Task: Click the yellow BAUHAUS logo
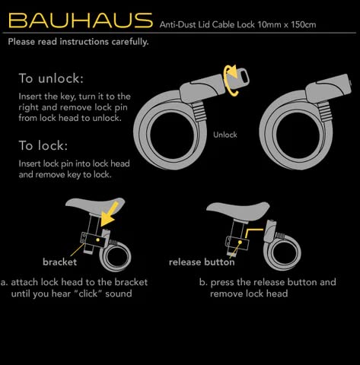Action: coord(81,20)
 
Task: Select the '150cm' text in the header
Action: coord(304,25)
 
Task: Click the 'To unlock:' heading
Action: coord(51,78)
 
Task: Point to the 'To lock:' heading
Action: coord(43,145)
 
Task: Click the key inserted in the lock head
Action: coord(237,76)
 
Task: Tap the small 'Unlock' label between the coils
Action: coord(225,135)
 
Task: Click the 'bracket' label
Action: coord(59,262)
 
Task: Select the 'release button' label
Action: coord(202,262)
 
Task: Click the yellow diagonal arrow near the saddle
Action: coord(109,214)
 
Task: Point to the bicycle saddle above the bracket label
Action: coord(95,205)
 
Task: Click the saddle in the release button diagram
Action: coord(237,210)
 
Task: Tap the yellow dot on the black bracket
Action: coord(97,240)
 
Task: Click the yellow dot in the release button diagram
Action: coord(240,243)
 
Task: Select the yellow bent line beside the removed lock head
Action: coord(251,230)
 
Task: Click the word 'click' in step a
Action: coord(88,294)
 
